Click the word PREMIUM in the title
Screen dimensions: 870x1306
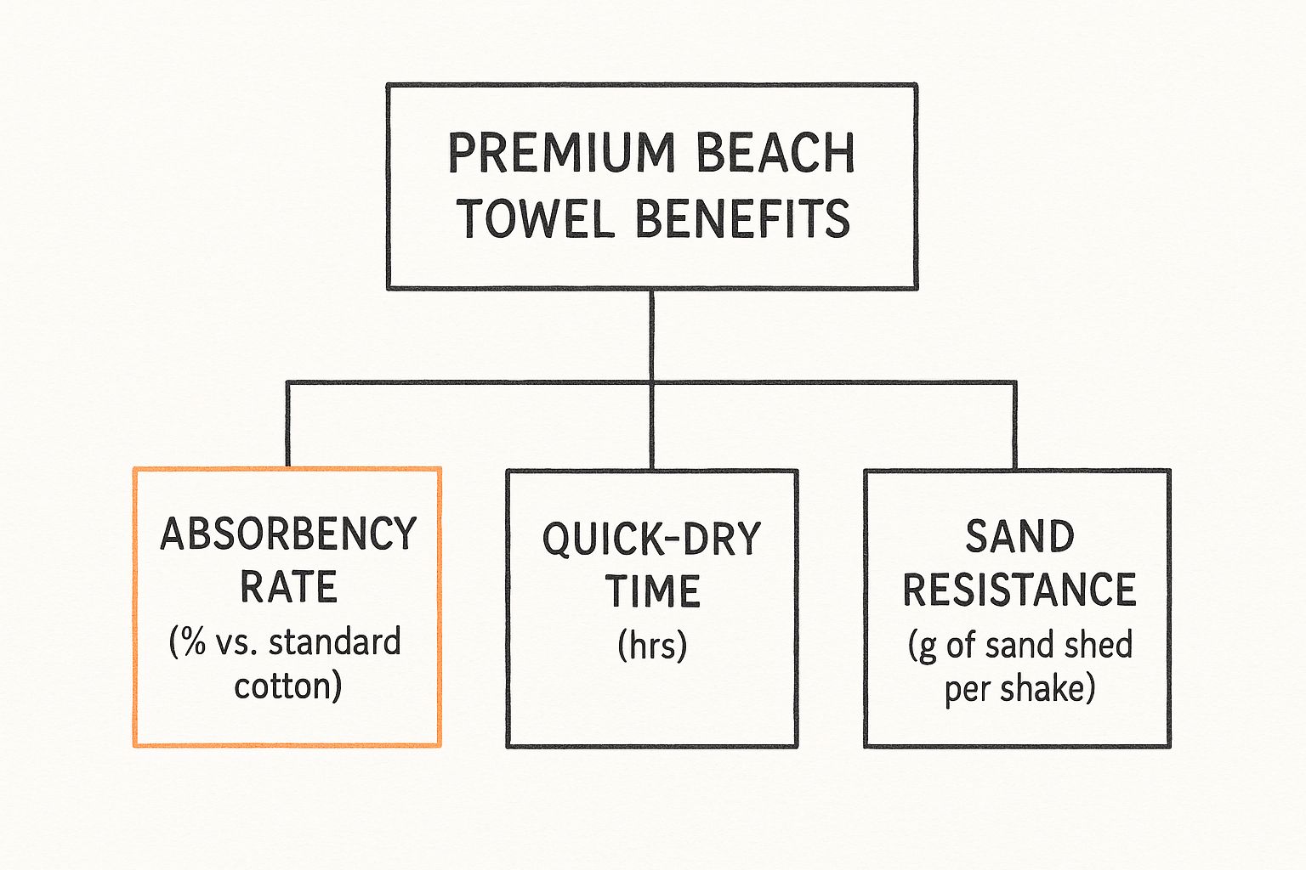coord(560,154)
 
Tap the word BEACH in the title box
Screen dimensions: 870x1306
coord(775,154)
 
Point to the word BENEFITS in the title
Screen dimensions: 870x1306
coord(742,218)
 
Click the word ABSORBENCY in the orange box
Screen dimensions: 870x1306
coord(288,534)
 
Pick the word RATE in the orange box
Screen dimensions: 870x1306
coord(288,587)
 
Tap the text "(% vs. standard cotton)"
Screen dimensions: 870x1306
coord(287,664)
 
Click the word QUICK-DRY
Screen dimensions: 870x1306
coord(651,540)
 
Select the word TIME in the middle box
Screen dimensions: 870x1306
coord(652,591)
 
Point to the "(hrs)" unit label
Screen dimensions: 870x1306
coord(652,645)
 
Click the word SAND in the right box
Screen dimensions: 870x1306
coord(1019,537)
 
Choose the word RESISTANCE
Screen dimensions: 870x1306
coord(1019,590)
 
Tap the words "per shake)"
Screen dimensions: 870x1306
coord(1019,688)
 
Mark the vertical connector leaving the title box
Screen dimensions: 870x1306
coord(651,335)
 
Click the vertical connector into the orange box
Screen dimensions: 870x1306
coord(288,425)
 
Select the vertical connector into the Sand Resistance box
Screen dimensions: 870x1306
coord(1014,425)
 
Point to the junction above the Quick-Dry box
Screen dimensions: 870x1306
coord(651,382)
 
